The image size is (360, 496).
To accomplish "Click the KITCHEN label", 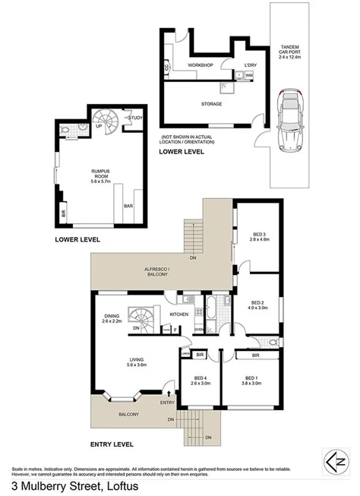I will click(x=179, y=314).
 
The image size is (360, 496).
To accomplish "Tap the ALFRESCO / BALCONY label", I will click(x=155, y=275).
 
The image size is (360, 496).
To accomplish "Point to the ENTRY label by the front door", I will click(x=167, y=403).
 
